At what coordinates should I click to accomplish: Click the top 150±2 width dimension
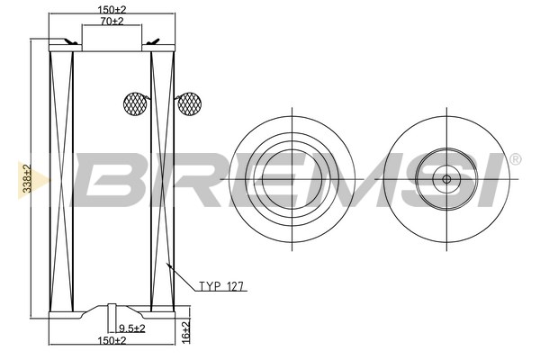[x=112, y=9]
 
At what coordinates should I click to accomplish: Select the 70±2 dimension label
[x=112, y=21]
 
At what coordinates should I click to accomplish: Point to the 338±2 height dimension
[x=27, y=178]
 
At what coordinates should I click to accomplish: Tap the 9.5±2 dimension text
[x=132, y=328]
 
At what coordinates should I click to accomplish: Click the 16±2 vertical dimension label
[x=185, y=332]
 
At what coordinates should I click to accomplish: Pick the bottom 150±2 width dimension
[x=112, y=340]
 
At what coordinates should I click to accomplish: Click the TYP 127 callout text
[x=221, y=286]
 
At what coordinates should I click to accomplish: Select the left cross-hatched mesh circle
[x=135, y=103]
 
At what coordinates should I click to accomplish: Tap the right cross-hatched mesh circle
[x=189, y=103]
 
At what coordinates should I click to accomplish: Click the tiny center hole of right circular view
[x=446, y=179]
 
